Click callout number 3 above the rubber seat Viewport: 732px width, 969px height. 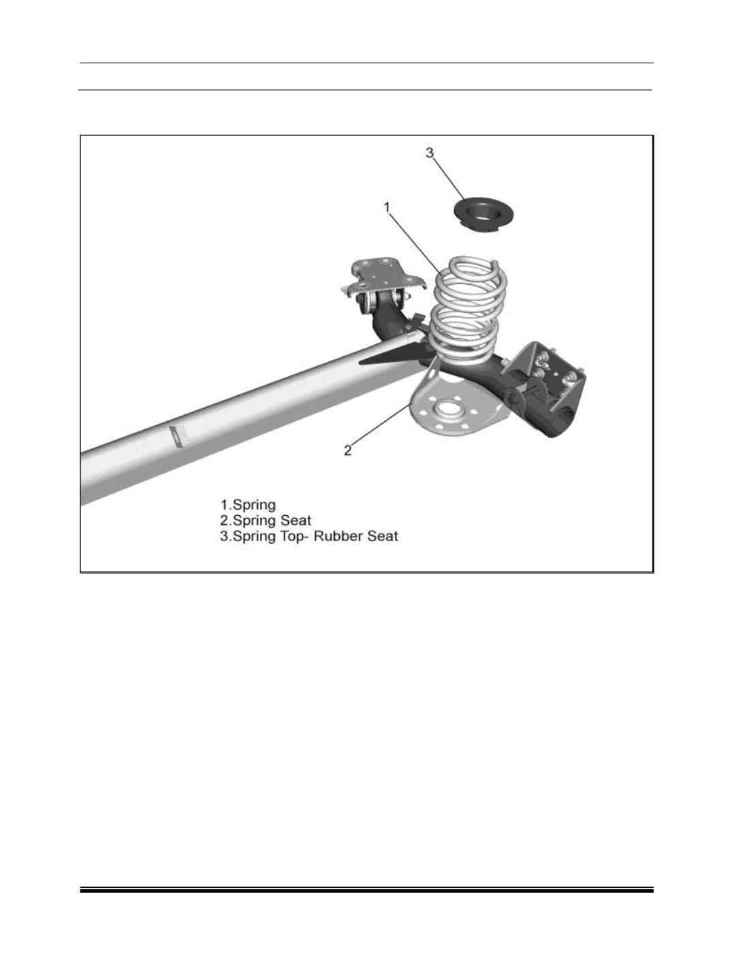(430, 153)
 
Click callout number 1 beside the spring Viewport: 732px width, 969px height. (387, 206)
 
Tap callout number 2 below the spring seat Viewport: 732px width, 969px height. (348, 450)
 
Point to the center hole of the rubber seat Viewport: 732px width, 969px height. (484, 211)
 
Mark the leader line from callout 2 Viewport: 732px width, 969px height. (379, 426)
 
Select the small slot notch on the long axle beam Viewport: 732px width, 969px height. (176, 436)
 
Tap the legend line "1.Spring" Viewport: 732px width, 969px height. (248, 505)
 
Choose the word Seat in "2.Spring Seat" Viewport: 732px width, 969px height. (296, 521)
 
